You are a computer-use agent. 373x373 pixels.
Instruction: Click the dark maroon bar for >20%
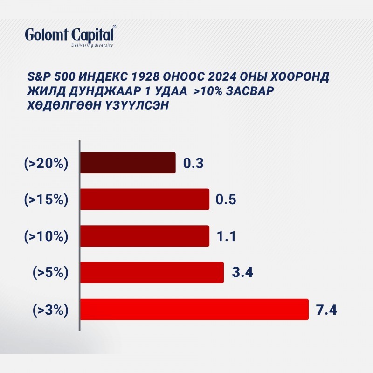(128, 163)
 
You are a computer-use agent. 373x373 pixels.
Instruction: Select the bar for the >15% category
(145, 200)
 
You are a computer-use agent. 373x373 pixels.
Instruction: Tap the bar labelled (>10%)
(145, 236)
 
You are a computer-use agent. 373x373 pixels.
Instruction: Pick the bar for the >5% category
(152, 273)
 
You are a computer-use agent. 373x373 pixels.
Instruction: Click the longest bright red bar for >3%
(194, 310)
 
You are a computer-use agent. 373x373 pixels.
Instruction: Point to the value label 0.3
(193, 164)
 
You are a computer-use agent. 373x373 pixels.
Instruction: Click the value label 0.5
(226, 200)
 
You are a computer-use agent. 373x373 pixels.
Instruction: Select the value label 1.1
(226, 236)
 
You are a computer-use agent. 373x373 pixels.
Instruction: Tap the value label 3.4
(242, 272)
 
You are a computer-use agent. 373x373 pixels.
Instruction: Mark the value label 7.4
(326, 310)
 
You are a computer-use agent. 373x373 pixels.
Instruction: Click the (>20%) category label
(46, 164)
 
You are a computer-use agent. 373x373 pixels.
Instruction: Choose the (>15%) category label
(46, 200)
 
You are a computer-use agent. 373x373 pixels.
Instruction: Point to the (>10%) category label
(46, 236)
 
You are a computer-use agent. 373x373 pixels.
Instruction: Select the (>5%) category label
(50, 273)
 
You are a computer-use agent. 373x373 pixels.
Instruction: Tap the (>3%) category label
(50, 310)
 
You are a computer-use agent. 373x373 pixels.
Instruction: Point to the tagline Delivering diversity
(92, 45)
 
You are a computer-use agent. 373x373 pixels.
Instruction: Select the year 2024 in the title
(222, 76)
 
